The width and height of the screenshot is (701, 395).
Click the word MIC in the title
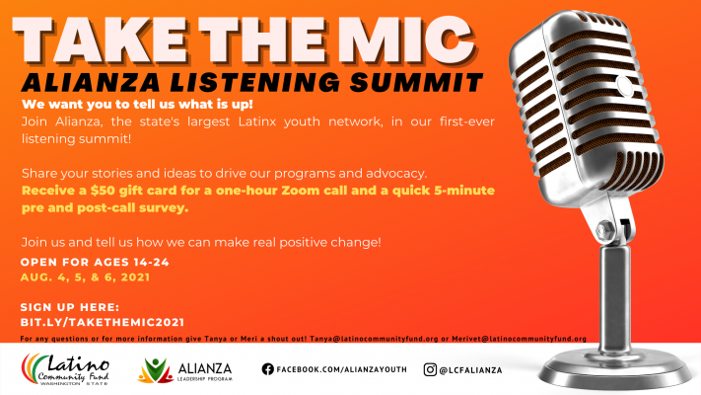pos(412,39)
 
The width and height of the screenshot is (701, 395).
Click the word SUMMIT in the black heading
pos(417,82)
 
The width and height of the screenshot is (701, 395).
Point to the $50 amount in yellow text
pos(103,191)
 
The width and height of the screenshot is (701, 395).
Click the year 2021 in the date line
pos(135,277)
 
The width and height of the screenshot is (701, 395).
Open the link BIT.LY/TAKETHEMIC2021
pos(103,323)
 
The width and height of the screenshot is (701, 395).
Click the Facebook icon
pos(268,369)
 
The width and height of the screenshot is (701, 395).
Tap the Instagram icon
pos(430,370)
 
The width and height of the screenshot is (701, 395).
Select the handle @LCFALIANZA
pos(470,370)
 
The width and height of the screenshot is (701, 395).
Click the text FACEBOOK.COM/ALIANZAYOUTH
pos(342,369)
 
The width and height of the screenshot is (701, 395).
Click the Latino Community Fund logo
pos(65,369)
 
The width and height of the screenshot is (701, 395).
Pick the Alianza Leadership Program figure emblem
pos(155,370)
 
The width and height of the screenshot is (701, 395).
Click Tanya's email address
pos(374,339)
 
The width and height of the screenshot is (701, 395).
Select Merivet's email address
pos(519,339)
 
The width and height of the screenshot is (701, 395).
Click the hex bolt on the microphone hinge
pos(605,231)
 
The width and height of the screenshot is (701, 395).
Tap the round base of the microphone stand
pos(614,367)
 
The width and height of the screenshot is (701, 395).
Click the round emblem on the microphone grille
pos(624,86)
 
